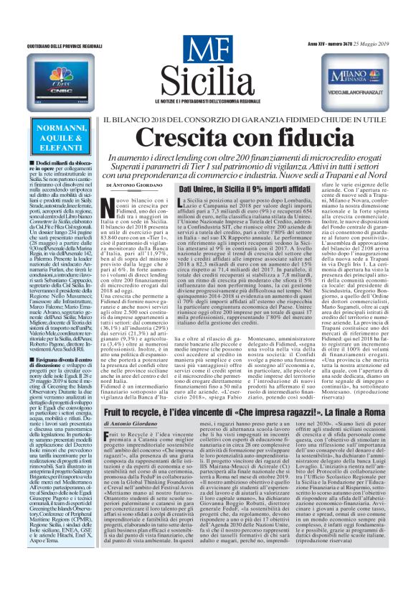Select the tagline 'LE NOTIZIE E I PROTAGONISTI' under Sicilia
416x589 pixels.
coord(208,98)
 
